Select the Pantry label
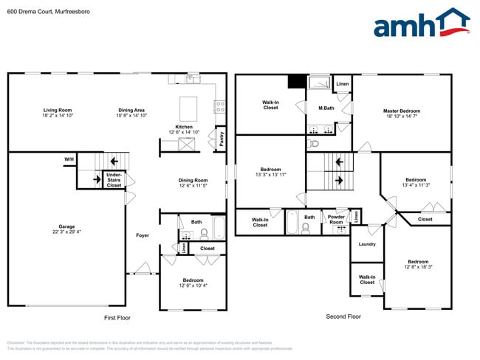[222, 139]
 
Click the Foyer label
[143, 235]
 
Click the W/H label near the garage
[69, 159]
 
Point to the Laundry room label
[367, 244]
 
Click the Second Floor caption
[343, 317]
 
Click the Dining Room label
[193, 180]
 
